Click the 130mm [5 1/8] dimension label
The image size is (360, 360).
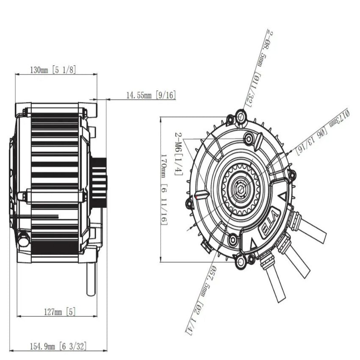(x=53, y=70)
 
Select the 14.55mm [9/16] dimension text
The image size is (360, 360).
(x=151, y=96)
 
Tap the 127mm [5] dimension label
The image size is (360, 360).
(x=60, y=312)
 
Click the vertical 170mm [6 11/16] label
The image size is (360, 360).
(x=164, y=190)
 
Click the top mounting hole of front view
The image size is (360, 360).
(x=241, y=116)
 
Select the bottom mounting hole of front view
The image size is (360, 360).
(x=241, y=261)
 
